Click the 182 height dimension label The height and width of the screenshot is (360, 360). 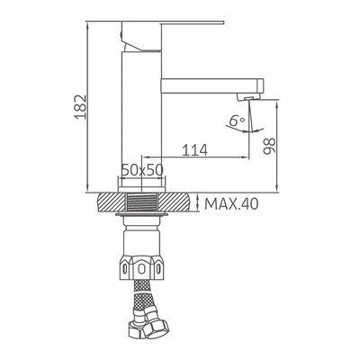[81, 107]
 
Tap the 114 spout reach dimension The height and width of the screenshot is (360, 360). [195, 150]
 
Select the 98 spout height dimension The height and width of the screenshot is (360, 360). [269, 146]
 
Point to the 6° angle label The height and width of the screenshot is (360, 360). [237, 121]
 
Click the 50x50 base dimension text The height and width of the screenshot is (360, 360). [142, 170]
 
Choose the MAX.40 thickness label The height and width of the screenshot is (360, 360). [231, 204]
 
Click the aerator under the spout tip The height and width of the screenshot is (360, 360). [247, 97]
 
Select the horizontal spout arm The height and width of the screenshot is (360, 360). [212, 86]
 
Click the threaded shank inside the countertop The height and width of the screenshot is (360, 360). [141, 202]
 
